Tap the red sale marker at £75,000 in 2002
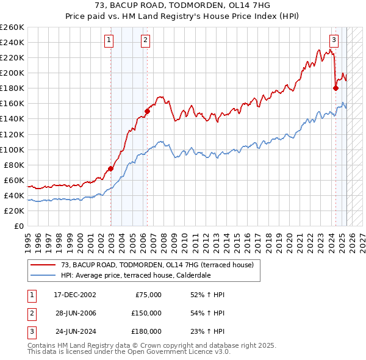(x=111, y=168)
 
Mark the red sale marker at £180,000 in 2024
(x=335, y=88)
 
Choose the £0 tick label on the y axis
(x=18, y=226)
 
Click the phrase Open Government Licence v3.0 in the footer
(x=177, y=352)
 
